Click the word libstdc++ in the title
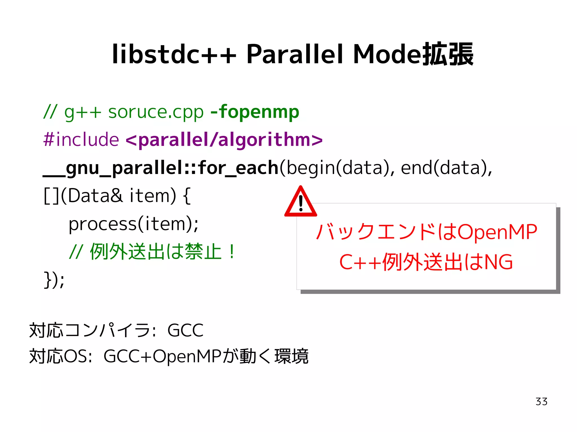(174, 54)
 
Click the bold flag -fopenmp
(255, 112)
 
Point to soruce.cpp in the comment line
(156, 112)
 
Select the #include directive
(81, 140)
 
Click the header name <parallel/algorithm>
(224, 140)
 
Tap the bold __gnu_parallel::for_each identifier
(161, 168)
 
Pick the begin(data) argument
(337, 168)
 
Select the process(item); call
(134, 224)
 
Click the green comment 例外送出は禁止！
(162, 251)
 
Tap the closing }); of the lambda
(54, 279)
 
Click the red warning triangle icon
(301, 202)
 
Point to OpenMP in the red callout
(497, 232)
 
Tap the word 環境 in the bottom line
(291, 357)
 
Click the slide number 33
(541, 402)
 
